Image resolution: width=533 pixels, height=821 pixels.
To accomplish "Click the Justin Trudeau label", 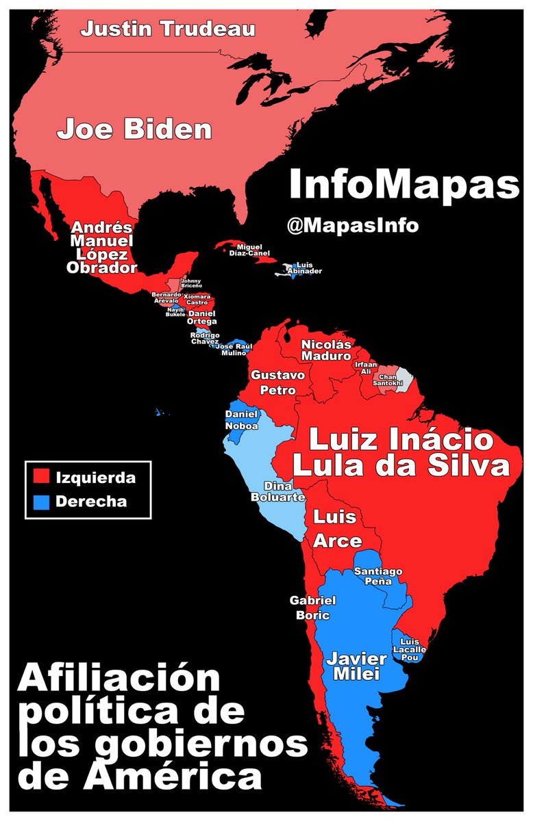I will [x=168, y=29].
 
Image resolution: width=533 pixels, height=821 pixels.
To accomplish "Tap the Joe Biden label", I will [x=134, y=129].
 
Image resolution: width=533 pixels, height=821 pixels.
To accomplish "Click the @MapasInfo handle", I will [x=353, y=225].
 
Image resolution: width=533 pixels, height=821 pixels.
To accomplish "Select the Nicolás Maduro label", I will [x=325, y=350].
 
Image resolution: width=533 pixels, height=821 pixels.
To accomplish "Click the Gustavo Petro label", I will [x=273, y=382].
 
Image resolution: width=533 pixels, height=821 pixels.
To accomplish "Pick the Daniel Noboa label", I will [x=242, y=420].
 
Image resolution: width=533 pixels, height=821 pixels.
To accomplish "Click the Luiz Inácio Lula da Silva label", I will [x=401, y=452].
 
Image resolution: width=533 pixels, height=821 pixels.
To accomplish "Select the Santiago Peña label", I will [x=378, y=576].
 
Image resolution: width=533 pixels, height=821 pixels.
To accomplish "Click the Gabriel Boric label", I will [x=312, y=608].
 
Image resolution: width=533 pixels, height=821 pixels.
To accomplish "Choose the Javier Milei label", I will [x=356, y=666].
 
